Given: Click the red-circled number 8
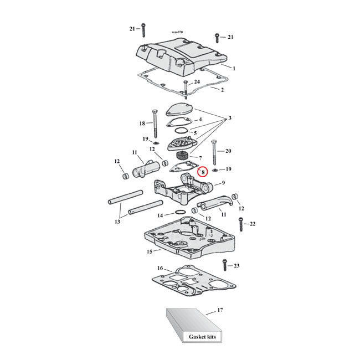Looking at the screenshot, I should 203,172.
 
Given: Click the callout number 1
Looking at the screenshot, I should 234,68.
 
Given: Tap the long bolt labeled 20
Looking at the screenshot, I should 213,152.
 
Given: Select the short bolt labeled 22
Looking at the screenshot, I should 240,224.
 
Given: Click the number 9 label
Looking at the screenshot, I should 223,183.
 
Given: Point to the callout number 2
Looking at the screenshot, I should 223,89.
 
